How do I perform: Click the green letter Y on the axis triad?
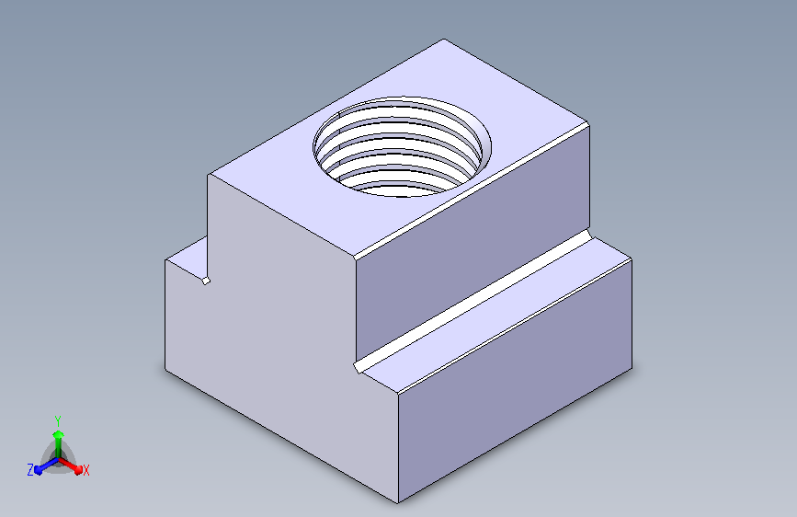click(x=58, y=421)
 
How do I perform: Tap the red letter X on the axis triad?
click(x=85, y=471)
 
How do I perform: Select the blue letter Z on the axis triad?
click(x=30, y=470)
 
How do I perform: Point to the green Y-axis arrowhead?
click(x=59, y=434)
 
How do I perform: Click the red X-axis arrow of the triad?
click(x=70, y=465)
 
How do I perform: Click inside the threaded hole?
click(x=402, y=146)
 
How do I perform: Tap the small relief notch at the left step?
click(x=206, y=281)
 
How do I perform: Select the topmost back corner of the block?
click(x=444, y=40)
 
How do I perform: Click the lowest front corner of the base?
click(x=398, y=503)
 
